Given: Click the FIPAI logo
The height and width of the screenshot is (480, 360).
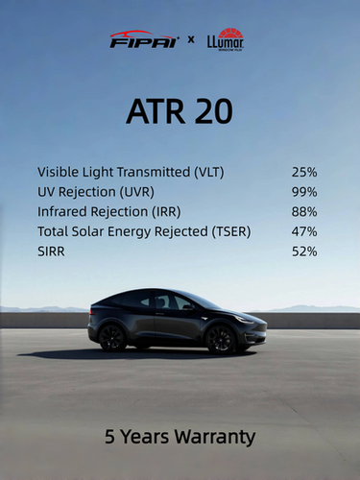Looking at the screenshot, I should coord(144,39).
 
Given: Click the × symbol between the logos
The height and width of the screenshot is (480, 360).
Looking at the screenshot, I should coord(191,40).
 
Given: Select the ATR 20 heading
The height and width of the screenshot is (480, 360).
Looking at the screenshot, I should coord(180,111).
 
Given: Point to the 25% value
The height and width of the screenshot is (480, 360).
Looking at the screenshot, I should coord(304,172).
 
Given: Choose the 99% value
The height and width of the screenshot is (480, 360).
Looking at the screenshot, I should coord(304,192).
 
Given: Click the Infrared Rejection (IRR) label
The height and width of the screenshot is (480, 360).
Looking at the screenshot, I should coord(108,211).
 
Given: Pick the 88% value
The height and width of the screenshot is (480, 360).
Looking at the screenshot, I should coord(304,211).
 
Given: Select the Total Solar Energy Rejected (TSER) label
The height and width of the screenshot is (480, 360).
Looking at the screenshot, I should coord(143,231).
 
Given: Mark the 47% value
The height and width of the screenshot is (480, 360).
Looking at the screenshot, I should coord(304,231).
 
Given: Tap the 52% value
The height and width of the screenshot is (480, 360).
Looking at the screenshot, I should coord(304,252).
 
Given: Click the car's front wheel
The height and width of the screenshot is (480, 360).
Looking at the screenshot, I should coord(222,338).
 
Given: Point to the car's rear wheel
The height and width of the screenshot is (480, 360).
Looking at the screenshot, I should coord(113,337).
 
